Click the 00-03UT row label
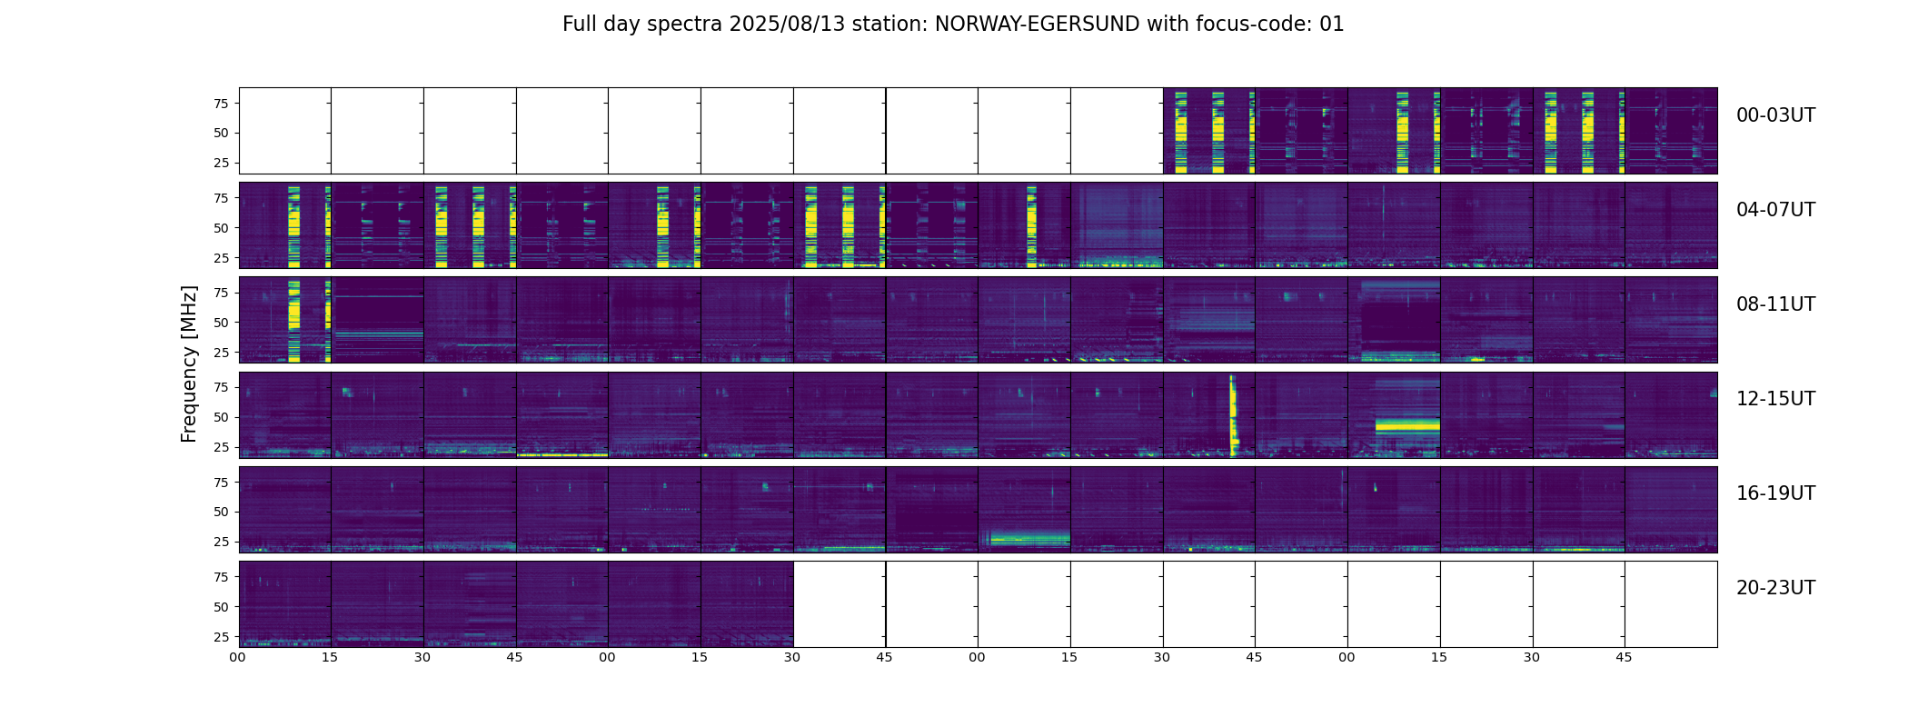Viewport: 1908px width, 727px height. tap(1775, 115)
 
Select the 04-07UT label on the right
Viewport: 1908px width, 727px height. tap(1775, 210)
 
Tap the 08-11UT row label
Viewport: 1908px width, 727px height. tap(1775, 304)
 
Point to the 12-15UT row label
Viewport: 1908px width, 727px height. tap(1775, 399)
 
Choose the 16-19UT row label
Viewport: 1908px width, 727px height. tap(1775, 493)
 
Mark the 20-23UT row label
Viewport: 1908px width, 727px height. tap(1775, 588)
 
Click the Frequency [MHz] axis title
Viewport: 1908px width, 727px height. tap(189, 363)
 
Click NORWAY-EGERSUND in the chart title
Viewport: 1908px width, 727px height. tap(1037, 25)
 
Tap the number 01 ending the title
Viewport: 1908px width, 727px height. tap(1331, 25)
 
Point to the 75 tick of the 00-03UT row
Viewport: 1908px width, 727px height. tap(221, 104)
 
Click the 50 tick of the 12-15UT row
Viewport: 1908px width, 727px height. tap(221, 417)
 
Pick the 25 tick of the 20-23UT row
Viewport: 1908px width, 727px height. tap(221, 637)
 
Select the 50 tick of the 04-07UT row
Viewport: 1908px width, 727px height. tap(221, 228)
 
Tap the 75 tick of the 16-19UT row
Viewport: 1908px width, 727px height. tap(221, 483)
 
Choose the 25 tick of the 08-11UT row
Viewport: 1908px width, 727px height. tap(221, 353)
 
